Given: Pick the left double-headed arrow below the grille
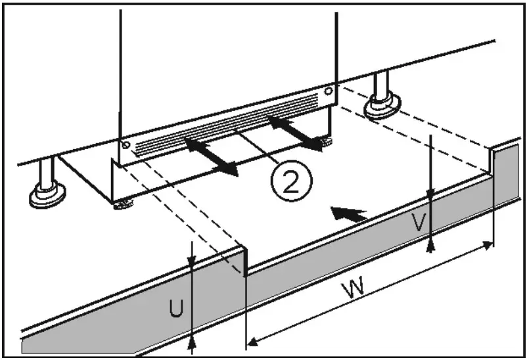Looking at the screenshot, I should [x=211, y=156].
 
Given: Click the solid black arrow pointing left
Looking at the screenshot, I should [x=348, y=214].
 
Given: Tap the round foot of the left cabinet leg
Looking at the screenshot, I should [x=47, y=196].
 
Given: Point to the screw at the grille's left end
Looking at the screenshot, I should [x=125, y=145].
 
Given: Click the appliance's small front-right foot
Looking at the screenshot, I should [x=326, y=140].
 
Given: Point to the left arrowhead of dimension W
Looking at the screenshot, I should [x=252, y=341].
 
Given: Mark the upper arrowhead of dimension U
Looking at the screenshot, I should [x=191, y=263].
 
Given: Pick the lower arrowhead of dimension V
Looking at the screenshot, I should [x=430, y=246].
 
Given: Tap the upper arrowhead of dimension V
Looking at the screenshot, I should [x=430, y=194].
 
